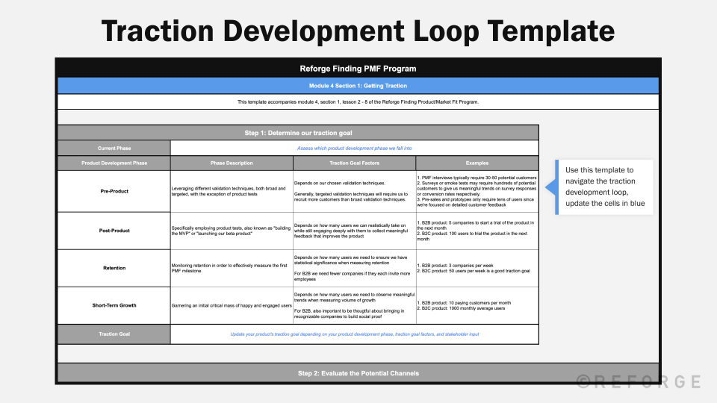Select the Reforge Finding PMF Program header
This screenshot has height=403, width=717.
pos(358,69)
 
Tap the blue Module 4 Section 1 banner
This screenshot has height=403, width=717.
pos(358,86)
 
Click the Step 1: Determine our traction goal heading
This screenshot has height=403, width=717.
pos(298,133)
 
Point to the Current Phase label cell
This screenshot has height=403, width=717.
pos(114,149)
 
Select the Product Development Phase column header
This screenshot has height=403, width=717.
pos(114,163)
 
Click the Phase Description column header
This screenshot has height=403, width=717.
pos(232,163)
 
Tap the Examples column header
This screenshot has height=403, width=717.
pos(477,163)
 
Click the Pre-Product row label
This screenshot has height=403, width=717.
pos(114,191)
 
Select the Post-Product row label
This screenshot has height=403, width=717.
pos(114,231)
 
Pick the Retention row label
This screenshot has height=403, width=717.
pos(114,267)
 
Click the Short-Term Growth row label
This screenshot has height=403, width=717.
pos(114,304)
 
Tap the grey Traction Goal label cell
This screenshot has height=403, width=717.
pos(114,334)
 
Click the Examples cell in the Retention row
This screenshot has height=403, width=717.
pos(477,268)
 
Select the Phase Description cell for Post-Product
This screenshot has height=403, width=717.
pos(232,231)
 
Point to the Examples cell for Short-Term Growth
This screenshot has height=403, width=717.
pos(477,304)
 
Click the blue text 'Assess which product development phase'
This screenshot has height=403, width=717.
pos(354,149)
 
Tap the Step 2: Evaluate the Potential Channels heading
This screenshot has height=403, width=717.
pos(358,372)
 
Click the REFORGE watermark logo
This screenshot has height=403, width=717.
pos(639,381)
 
